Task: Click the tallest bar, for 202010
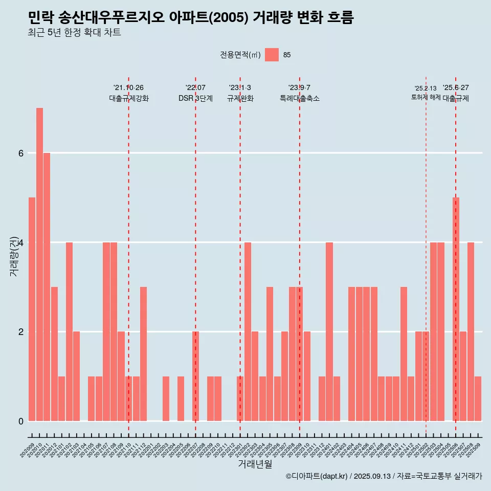[x=39, y=264]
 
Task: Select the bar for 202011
[x=47, y=287]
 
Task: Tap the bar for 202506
[x=456, y=309]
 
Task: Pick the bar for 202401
[x=329, y=331]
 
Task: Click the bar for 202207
[x=195, y=376]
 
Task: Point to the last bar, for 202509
[x=478, y=398]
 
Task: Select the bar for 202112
[x=144, y=354]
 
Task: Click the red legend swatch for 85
[x=272, y=55]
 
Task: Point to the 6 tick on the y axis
[x=20, y=153]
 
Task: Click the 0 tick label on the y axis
[x=20, y=421]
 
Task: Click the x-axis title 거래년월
[x=255, y=464]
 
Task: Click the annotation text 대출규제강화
[x=129, y=99]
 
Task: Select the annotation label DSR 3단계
[x=195, y=99]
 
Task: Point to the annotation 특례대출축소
[x=300, y=99]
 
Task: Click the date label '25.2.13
[x=426, y=88]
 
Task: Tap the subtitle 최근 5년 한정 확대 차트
[x=75, y=33]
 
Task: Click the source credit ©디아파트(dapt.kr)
[x=317, y=476]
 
